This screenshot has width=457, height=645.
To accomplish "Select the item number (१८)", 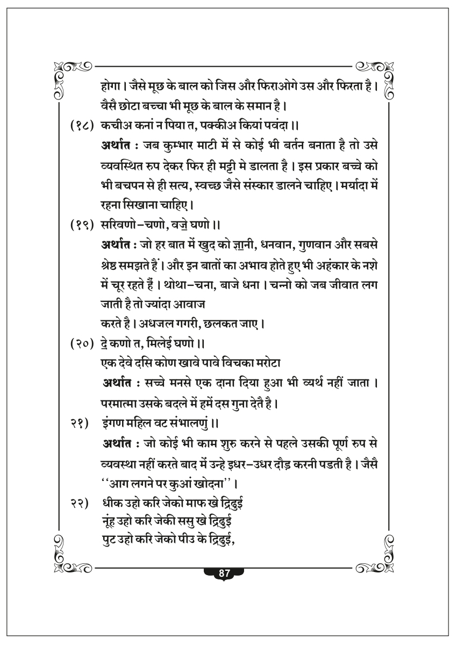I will tap(81, 125).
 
